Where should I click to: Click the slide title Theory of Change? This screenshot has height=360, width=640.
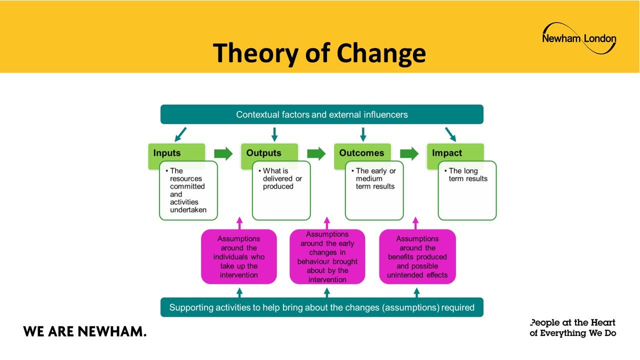319,53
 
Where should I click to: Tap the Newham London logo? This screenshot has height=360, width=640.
579,38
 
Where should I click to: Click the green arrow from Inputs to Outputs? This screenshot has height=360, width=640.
223,153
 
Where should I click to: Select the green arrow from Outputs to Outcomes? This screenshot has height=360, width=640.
316,153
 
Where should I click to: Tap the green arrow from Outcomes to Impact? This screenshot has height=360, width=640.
409,153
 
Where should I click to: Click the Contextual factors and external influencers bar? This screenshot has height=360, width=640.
321,114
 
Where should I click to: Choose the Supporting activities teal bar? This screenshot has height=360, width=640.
321,307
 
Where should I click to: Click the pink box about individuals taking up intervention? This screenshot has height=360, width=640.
239,257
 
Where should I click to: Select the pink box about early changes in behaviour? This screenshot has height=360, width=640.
327,257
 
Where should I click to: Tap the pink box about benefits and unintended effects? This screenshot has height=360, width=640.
417,257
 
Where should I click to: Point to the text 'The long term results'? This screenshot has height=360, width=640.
468,175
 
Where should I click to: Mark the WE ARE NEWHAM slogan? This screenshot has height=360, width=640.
84,331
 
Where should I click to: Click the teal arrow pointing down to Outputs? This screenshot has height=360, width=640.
274,134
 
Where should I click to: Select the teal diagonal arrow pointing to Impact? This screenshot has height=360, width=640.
450,134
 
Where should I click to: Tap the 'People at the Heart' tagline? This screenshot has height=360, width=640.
572,327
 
